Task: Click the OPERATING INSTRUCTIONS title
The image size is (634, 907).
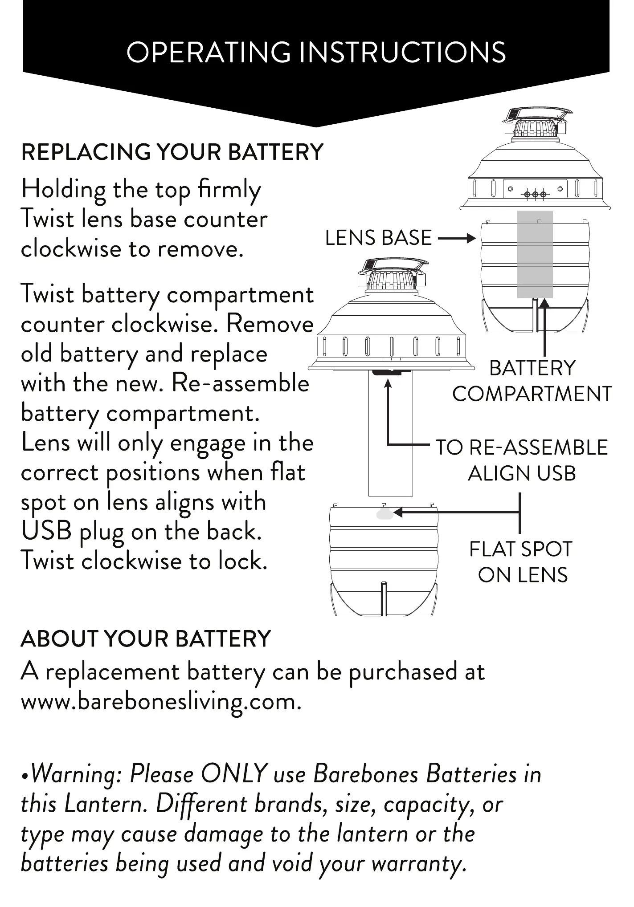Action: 316,53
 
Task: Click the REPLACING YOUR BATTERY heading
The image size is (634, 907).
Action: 172,152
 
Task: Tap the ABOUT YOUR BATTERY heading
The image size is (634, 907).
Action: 146,639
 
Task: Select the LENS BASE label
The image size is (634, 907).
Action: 378,238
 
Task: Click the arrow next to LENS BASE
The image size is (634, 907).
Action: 457,239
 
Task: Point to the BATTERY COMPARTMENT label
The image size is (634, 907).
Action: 532,381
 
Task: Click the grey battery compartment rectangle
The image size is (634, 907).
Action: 535,254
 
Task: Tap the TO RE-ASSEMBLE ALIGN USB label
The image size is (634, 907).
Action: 521,460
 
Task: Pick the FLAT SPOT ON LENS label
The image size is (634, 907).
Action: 521,562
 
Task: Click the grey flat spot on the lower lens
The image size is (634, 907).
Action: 385,514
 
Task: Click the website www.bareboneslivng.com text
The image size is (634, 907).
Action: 161,702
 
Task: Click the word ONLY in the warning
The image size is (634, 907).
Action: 234,774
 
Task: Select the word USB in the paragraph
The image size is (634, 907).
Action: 46,531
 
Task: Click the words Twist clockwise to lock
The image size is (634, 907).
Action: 144,561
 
